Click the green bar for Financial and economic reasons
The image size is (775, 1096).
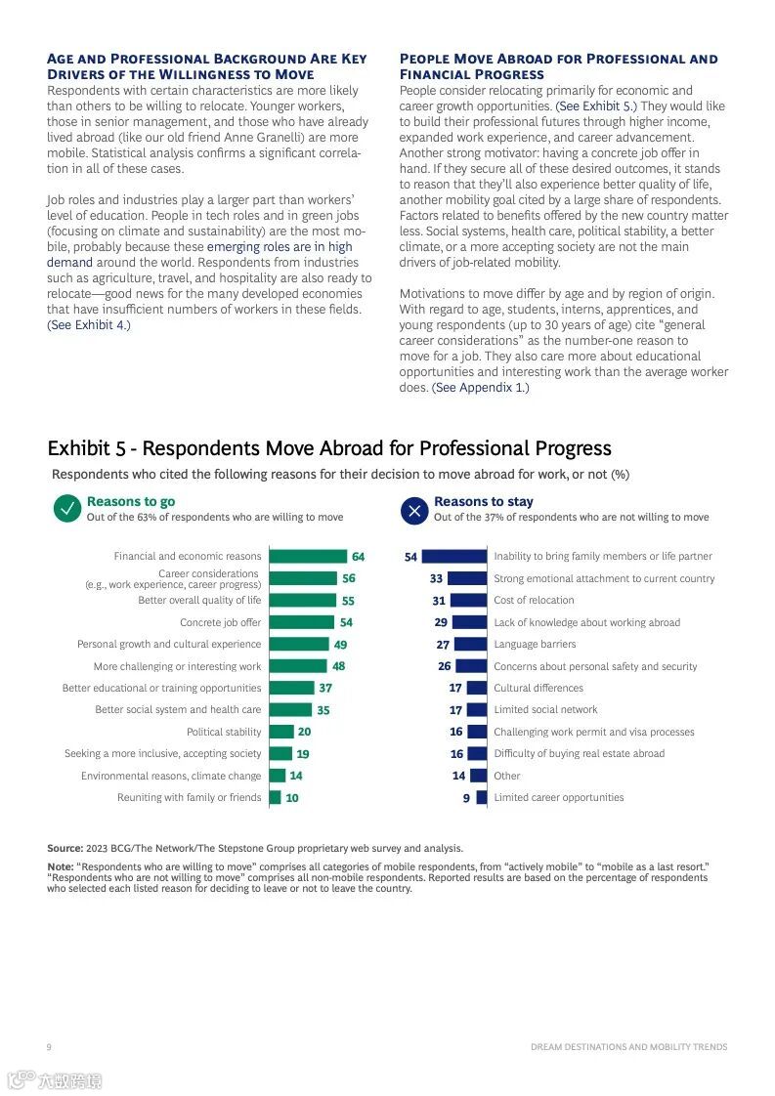coord(308,557)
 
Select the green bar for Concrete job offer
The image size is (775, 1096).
coord(301,622)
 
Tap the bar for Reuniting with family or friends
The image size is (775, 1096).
coord(275,798)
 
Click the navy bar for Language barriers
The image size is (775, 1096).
coord(470,645)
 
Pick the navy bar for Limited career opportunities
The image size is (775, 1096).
coord(481,798)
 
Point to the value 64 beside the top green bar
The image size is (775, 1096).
coord(359,557)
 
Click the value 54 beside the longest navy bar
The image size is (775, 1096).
coord(410,557)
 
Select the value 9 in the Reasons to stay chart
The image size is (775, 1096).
coord(466,798)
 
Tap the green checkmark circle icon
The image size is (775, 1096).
coord(67,509)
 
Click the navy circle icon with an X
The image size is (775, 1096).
coord(415,509)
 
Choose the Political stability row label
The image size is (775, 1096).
coord(224,732)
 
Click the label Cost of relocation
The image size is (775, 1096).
coord(534,601)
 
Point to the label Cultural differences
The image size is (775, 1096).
coord(538,688)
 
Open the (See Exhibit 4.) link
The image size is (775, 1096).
coord(89,325)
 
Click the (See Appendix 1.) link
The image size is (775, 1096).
coord(481,388)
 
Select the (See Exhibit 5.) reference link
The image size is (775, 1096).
coord(596,106)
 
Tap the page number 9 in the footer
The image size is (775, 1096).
coord(49,1047)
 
